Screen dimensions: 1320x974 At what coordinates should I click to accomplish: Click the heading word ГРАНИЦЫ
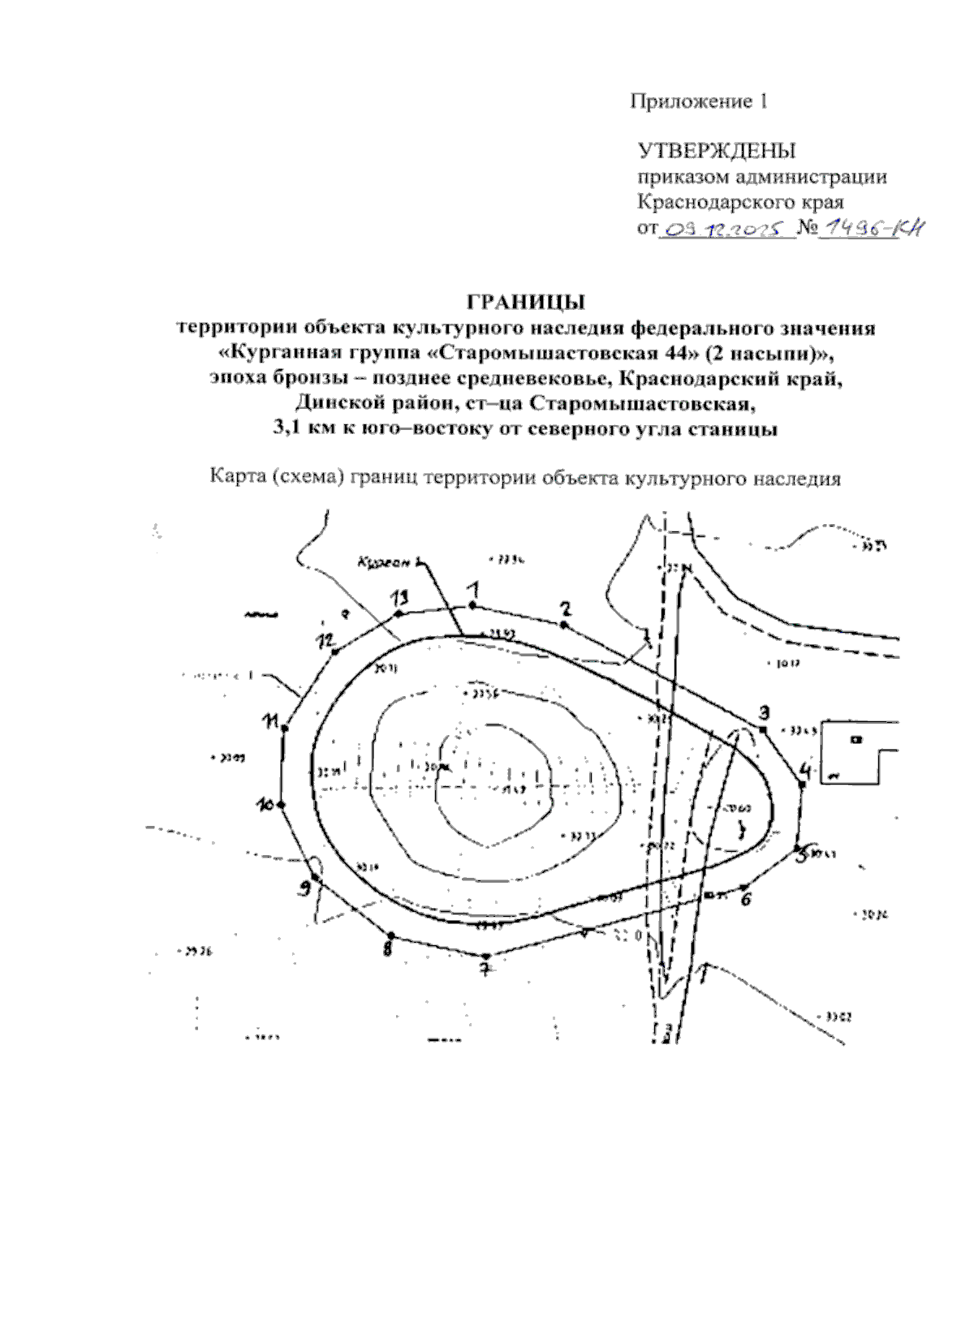tap(525, 301)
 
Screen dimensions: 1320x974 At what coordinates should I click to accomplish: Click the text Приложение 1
tap(698, 101)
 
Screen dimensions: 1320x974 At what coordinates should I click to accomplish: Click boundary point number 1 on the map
tap(473, 589)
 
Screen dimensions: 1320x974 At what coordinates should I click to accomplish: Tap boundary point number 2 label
tap(566, 608)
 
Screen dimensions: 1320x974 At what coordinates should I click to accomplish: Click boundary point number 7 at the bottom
tap(485, 969)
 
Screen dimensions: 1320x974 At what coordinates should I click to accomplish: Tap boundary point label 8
tap(388, 947)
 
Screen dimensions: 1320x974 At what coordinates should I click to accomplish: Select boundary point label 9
tap(304, 888)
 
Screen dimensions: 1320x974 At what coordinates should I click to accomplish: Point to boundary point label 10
tap(265, 806)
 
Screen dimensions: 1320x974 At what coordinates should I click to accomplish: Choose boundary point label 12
tap(325, 642)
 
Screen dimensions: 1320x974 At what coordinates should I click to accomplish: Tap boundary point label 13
tap(398, 599)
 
